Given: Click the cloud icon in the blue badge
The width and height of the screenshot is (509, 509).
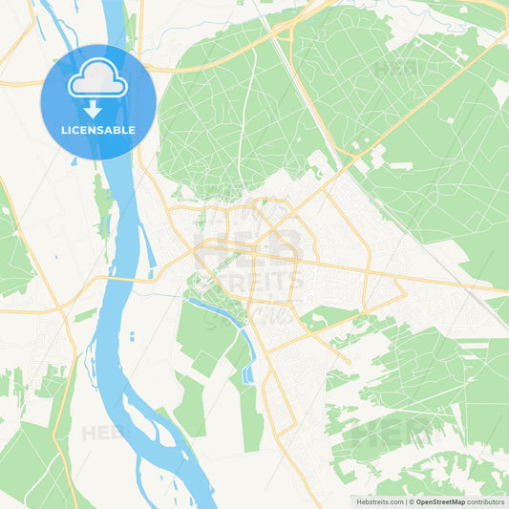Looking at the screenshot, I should [x=97, y=80].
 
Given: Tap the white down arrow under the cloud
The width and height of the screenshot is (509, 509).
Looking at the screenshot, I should [x=93, y=109].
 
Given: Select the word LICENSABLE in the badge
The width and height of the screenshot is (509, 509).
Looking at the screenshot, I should [x=98, y=130].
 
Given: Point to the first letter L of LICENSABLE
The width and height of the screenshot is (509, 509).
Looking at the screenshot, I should [x=64, y=130].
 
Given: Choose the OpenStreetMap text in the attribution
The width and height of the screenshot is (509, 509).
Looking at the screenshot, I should [x=441, y=500].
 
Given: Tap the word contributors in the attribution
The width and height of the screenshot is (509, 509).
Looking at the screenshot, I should [x=487, y=500].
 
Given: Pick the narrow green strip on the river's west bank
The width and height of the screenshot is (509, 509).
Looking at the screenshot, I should [x=101, y=205].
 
